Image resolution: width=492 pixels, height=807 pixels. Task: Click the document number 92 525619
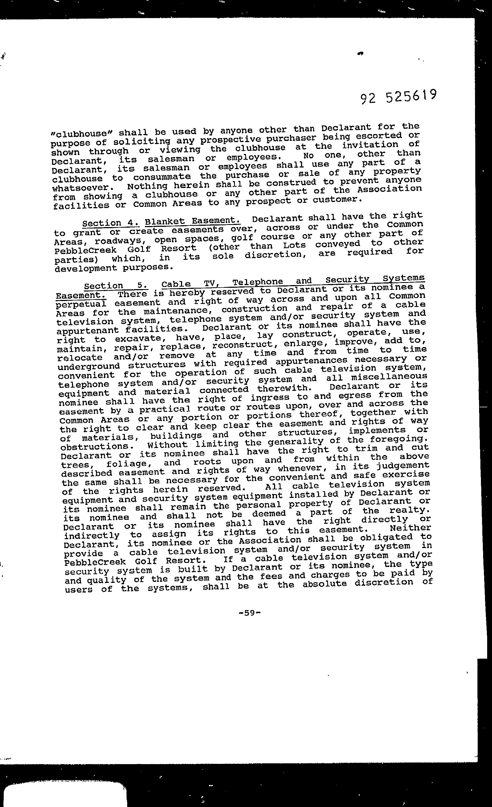coord(398,97)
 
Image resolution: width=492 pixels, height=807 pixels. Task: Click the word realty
coord(409,510)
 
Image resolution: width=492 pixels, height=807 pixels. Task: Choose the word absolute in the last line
coord(324,583)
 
